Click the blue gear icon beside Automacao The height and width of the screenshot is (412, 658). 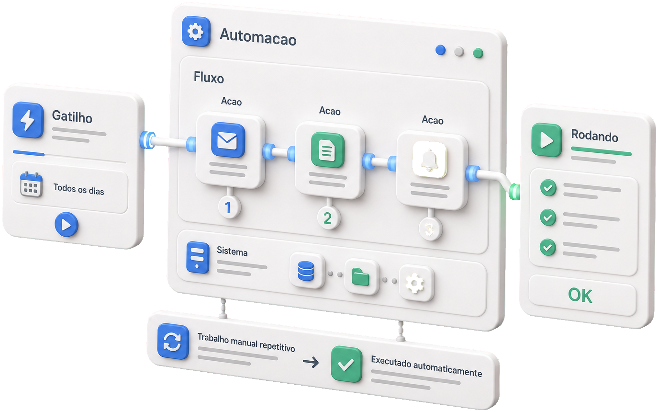[x=196, y=31]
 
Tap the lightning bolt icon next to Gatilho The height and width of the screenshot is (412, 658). [x=28, y=120]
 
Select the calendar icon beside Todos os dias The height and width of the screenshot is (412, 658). [x=31, y=184]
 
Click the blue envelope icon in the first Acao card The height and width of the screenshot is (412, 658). [x=228, y=140]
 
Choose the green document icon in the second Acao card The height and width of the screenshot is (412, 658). [x=327, y=150]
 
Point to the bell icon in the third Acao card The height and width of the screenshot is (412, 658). [x=430, y=160]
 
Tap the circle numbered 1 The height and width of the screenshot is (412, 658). [x=229, y=207]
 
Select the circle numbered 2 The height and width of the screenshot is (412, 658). [x=328, y=218]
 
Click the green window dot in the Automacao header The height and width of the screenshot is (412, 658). [x=478, y=53]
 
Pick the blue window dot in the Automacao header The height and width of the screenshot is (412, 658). [x=440, y=50]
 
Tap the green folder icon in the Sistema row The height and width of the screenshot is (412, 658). [x=361, y=277]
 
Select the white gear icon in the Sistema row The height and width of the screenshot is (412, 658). [x=415, y=283]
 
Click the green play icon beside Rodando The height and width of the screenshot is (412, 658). [x=546, y=140]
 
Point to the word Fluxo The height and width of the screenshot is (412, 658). [x=209, y=78]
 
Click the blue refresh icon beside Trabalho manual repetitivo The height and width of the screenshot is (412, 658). [x=173, y=341]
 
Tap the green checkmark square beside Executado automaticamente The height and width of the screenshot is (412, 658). [x=346, y=364]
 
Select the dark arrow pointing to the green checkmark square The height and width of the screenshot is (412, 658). [x=311, y=362]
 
